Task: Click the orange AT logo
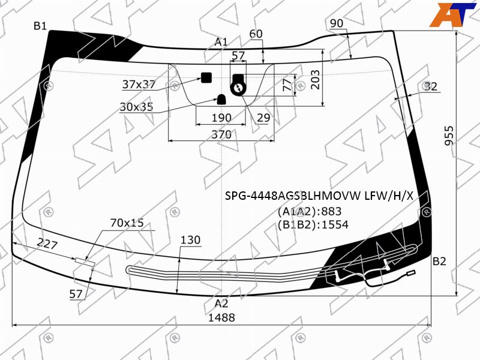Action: pyautogui.click(x=452, y=14)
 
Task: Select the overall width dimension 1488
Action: pyautogui.click(x=221, y=317)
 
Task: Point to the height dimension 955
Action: pyautogui.click(x=449, y=136)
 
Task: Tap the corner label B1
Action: pyautogui.click(x=40, y=26)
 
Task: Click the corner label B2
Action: pyautogui.click(x=439, y=261)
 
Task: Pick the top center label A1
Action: pyautogui.click(x=221, y=41)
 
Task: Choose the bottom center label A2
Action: pyautogui.click(x=221, y=304)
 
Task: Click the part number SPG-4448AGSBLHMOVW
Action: pyautogui.click(x=293, y=196)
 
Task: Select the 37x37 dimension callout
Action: pyautogui.click(x=139, y=84)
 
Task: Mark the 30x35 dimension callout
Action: pyautogui.click(x=136, y=107)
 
